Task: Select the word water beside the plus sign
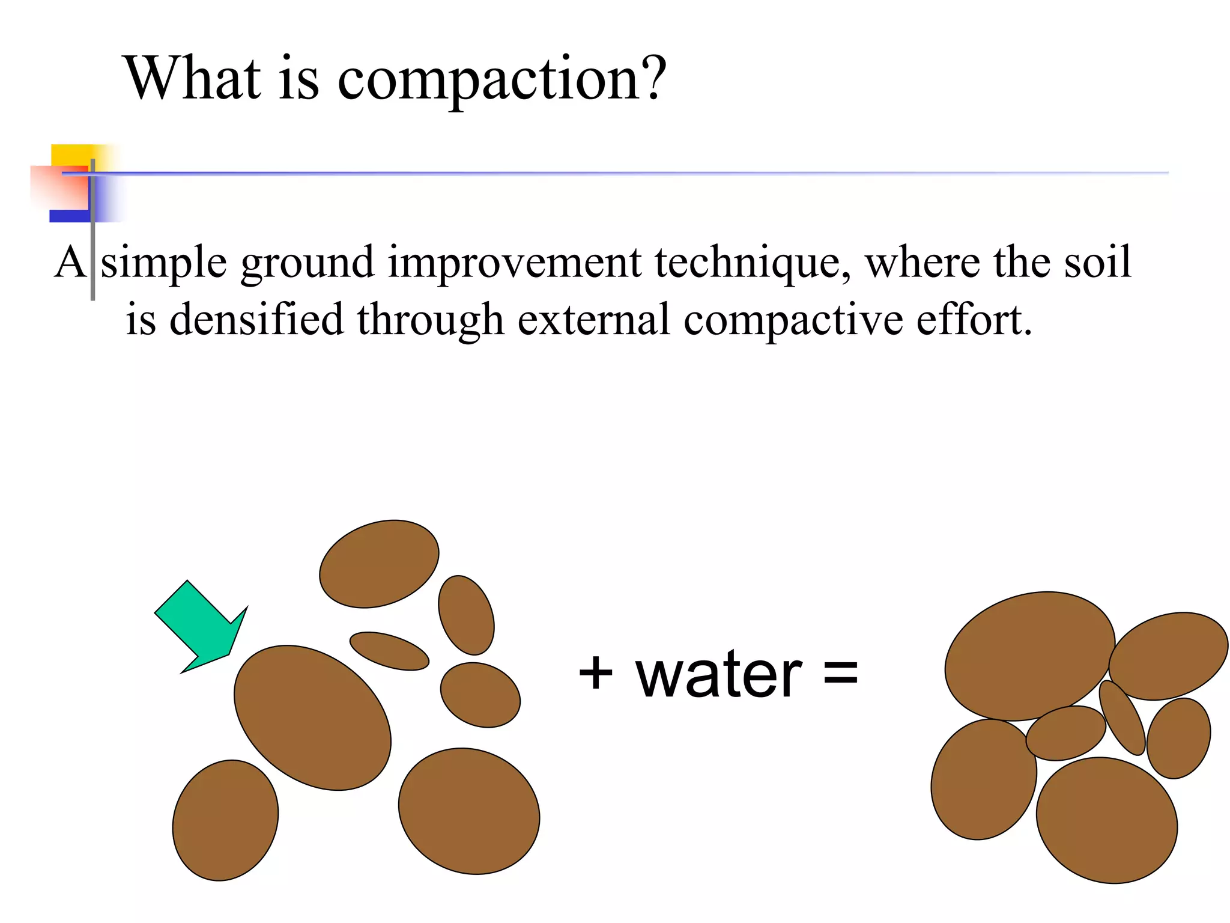coord(718,676)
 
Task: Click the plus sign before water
coord(595,674)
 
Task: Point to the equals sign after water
coord(840,672)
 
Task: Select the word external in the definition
coord(593,319)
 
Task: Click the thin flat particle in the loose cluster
coord(389,651)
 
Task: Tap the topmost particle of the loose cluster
coord(379,564)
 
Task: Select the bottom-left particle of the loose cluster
coord(225,820)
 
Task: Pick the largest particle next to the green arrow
coord(312,717)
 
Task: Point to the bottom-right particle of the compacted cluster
coord(1106,820)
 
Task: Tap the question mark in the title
coord(651,78)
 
